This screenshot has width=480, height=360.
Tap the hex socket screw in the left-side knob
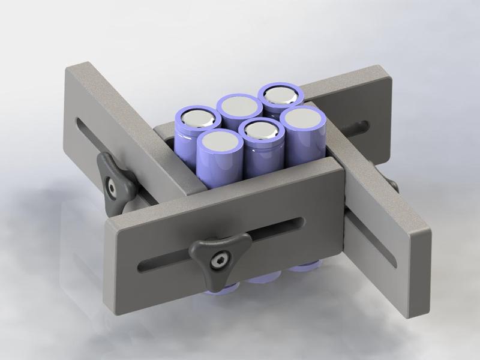[112, 187]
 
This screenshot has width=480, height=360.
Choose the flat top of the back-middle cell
[236, 105]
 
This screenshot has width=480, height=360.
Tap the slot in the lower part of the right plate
[374, 240]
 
